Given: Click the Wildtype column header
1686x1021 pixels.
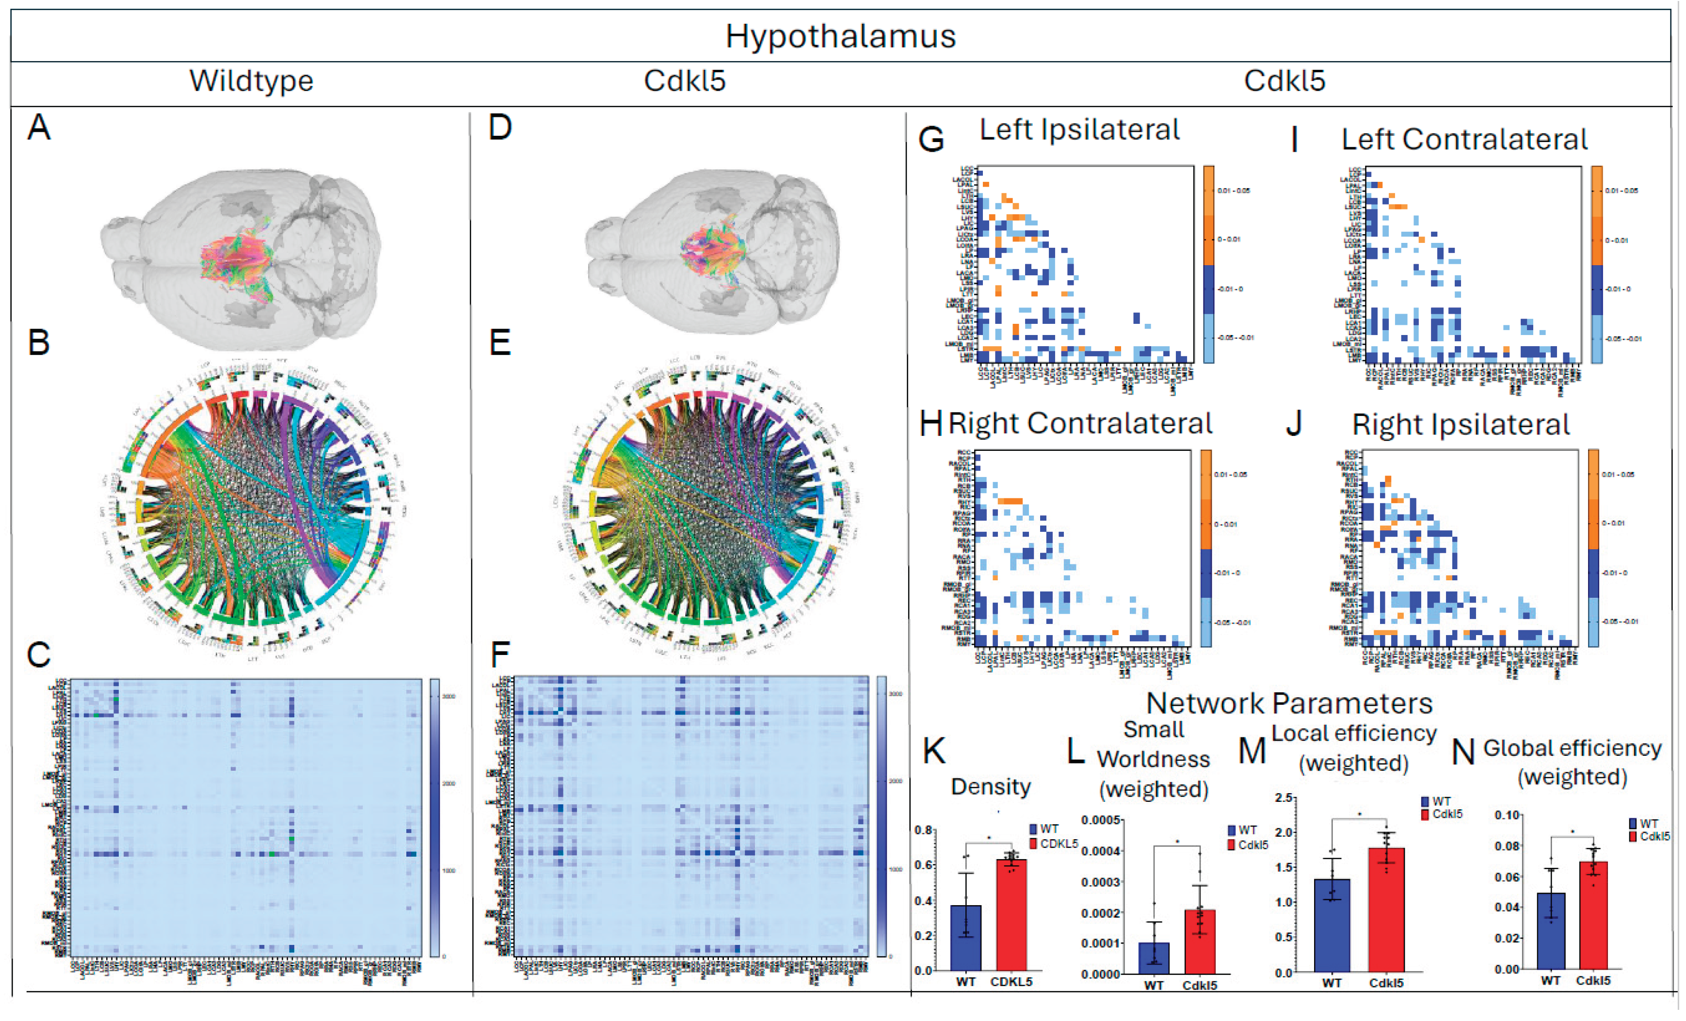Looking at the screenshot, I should tap(251, 81).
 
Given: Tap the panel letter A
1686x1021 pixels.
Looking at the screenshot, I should tap(39, 128).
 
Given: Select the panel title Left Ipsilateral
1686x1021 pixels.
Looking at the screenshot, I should tap(1079, 130).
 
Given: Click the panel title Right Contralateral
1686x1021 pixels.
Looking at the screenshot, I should tap(1080, 424).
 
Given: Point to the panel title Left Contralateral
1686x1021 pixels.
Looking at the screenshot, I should tap(1463, 140).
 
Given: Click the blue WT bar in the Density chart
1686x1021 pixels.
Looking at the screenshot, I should tap(965, 938).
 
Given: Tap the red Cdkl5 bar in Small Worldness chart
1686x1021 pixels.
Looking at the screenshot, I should tap(1200, 941).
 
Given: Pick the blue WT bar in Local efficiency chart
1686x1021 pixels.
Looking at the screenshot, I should tap(1332, 925).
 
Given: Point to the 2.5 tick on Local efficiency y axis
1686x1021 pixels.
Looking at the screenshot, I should tap(1285, 798).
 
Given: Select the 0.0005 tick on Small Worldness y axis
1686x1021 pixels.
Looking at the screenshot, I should tap(1100, 820).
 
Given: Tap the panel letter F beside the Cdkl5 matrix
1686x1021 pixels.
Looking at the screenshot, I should tap(500, 655).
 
